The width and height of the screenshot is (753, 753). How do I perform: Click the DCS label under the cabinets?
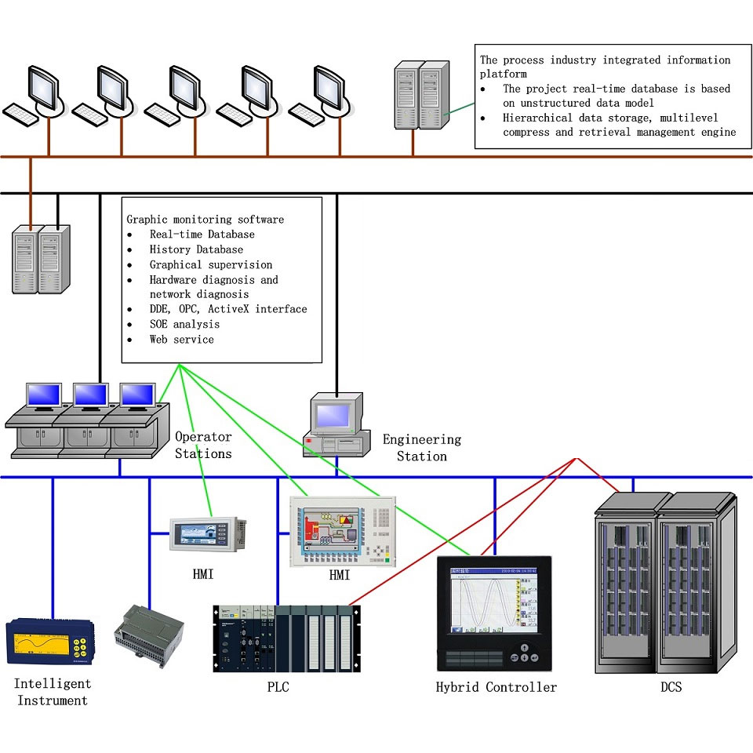[671, 687]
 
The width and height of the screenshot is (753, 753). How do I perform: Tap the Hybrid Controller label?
[496, 687]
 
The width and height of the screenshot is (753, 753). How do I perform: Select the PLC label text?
[279, 687]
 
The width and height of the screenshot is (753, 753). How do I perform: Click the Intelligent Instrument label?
[53, 692]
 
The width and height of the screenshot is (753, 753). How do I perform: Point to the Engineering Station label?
[422, 448]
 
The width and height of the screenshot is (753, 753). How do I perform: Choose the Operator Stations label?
[203, 446]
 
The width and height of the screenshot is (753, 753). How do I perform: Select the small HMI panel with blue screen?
[208, 533]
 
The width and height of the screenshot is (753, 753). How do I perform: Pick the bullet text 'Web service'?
[181, 340]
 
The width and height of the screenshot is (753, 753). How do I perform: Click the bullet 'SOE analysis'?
[184, 325]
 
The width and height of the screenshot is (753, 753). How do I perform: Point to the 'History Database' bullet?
[196, 249]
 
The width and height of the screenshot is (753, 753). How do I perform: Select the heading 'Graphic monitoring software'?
[205, 220]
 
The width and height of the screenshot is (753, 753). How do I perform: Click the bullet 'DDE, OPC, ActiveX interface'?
[227, 309]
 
